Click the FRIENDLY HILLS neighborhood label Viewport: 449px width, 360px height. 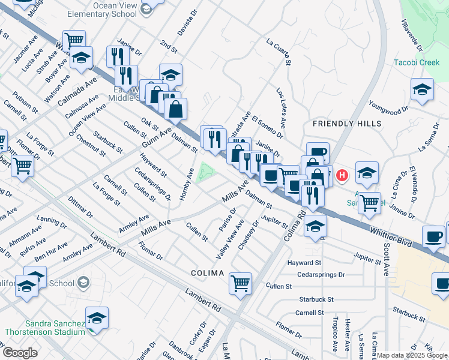tap(347, 124)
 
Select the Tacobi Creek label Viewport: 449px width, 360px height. tap(417, 62)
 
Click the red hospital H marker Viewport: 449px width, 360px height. tap(342, 175)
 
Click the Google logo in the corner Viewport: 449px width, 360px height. tap(20, 353)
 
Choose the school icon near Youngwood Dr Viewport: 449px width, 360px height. tap(423, 89)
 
